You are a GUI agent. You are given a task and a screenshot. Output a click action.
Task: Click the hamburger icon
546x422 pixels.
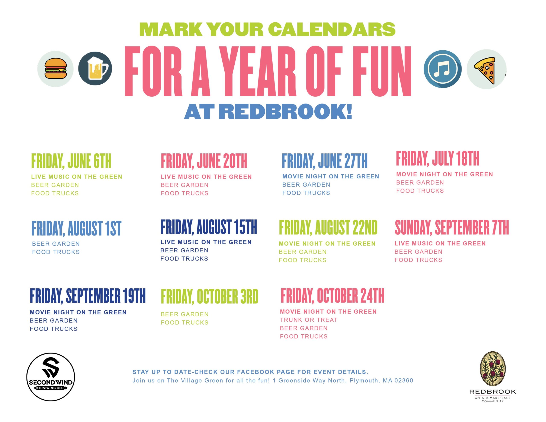pos(55,69)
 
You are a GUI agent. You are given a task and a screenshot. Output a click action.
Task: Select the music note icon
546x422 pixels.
pos(443,69)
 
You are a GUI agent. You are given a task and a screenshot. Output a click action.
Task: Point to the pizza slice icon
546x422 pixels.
pos(486,69)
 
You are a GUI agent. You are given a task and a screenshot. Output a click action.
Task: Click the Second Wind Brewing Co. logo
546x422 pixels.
pos(51,377)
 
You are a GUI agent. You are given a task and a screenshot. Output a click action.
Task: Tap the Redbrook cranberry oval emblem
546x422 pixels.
pos(492,368)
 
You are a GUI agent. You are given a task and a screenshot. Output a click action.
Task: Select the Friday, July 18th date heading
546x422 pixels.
pos(437,158)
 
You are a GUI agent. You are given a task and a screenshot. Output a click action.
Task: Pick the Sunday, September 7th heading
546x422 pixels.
pos(452,227)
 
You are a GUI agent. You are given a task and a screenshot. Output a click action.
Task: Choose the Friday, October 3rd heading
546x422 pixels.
pos(209,297)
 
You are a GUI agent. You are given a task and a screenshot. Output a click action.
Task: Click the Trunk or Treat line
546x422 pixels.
pos(308,320)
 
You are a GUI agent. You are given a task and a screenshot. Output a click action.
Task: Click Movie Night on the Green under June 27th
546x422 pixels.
pos(331,176)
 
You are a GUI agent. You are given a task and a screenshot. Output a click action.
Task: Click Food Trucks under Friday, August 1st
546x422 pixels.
pos(56,252)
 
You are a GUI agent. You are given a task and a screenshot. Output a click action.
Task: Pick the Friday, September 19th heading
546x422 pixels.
pos(87,296)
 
